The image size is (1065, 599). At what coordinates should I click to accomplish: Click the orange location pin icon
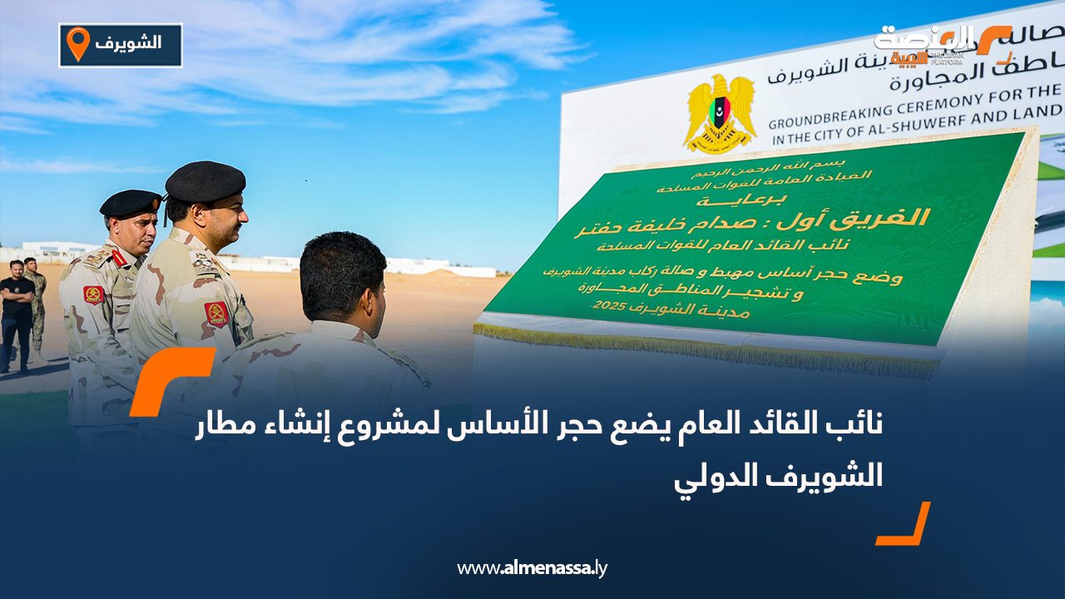[x=77, y=42]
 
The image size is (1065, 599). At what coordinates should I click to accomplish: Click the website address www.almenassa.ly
[x=532, y=568]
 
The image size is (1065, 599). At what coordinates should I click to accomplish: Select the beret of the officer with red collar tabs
[x=130, y=202]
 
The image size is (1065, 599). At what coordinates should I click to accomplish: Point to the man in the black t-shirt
[x=17, y=312]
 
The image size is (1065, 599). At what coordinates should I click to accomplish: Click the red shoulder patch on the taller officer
[x=217, y=314]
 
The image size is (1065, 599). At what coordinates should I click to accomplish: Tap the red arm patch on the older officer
[x=94, y=295]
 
